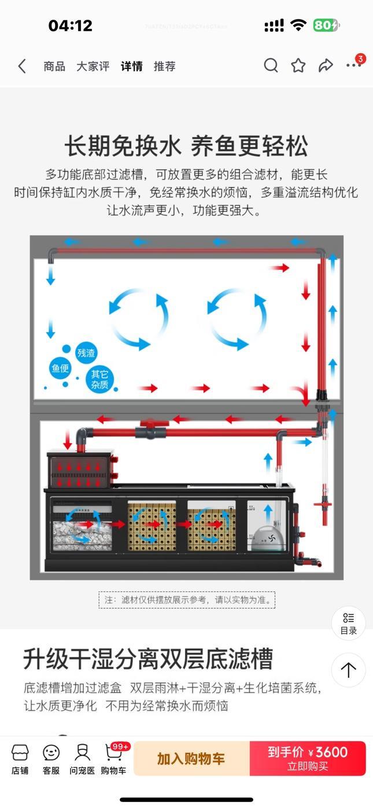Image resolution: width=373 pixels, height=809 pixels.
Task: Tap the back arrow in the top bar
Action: click(x=22, y=67)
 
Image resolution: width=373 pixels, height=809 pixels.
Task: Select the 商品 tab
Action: click(x=54, y=67)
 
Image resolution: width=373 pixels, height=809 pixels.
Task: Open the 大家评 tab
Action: click(x=93, y=67)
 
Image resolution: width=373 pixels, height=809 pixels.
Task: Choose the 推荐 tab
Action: click(x=164, y=67)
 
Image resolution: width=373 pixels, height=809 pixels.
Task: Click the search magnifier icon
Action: click(x=271, y=65)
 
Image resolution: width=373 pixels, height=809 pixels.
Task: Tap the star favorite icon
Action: click(x=298, y=65)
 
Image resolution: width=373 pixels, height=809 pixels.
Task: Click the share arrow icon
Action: click(x=326, y=65)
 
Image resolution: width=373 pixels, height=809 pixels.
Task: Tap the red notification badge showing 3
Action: click(x=360, y=58)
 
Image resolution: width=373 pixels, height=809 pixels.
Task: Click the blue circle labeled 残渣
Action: click(x=86, y=352)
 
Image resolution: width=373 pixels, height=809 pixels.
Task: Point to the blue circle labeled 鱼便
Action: click(x=61, y=368)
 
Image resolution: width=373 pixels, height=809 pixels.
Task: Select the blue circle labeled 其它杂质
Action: click(x=99, y=379)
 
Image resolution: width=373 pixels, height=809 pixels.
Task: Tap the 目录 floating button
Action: click(x=348, y=623)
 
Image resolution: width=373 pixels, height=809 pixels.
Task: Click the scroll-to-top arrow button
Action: click(x=348, y=670)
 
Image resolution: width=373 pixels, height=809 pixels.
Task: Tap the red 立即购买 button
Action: click(x=308, y=758)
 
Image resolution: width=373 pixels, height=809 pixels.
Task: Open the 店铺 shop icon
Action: click(x=20, y=759)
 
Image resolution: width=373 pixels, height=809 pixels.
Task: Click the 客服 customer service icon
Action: click(x=51, y=759)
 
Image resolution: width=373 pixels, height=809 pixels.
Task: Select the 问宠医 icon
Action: click(x=82, y=759)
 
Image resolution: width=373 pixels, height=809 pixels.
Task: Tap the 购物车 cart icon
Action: click(x=114, y=759)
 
